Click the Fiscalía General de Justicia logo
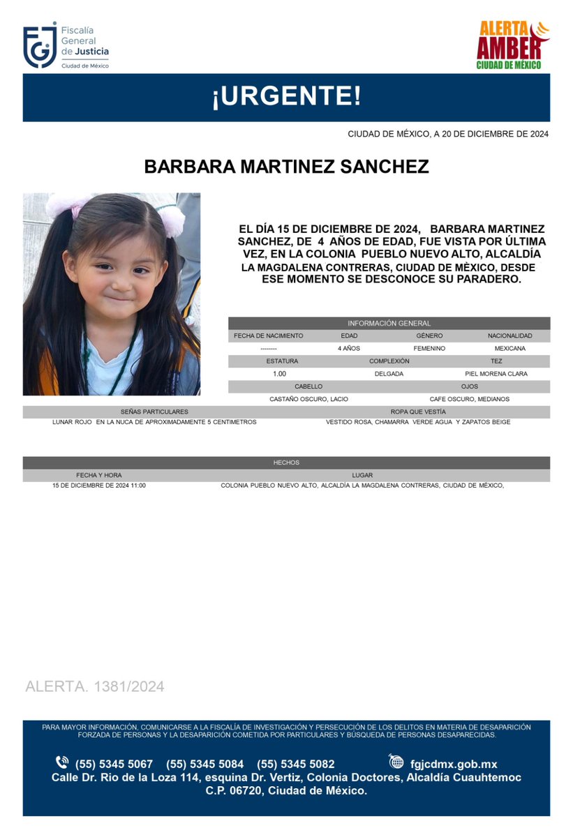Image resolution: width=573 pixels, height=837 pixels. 66,46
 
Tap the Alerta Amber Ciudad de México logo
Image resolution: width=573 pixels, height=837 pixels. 513,45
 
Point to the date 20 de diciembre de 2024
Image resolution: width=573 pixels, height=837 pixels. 447,134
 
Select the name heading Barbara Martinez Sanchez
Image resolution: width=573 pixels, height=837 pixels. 286,167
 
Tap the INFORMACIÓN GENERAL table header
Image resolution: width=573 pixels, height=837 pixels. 389,323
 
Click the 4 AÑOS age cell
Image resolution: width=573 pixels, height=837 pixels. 348,348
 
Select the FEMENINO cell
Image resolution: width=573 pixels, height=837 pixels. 429,348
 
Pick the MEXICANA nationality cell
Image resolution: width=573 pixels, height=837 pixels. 510,348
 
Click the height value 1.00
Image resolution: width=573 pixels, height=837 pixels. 279,374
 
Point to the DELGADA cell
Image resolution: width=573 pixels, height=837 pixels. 389,374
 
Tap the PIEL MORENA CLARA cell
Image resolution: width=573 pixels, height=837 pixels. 496,374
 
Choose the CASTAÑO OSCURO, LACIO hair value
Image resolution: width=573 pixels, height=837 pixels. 308,399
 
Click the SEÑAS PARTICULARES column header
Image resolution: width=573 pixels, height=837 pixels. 154,412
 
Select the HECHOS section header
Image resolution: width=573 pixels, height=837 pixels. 286,462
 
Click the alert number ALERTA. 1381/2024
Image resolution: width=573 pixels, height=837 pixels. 95,686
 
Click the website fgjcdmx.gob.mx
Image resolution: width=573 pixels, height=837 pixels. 453,764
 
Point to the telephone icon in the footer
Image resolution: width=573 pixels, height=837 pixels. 62,763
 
